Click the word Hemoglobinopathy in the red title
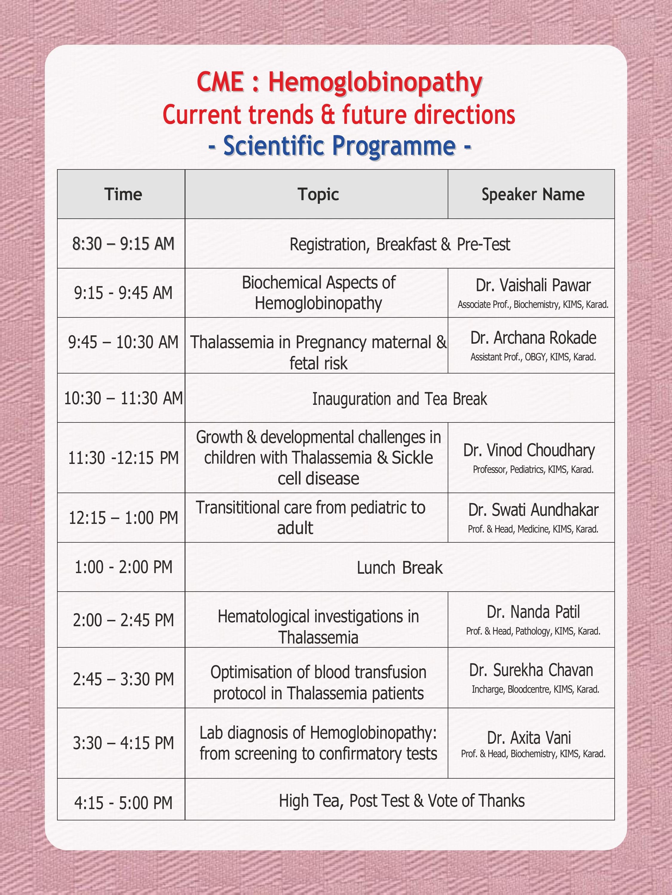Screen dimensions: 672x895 (x=375, y=83)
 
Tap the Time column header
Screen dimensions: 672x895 (x=123, y=194)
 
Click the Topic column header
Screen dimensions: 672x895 (x=318, y=194)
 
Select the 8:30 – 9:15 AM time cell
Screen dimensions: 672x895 (x=123, y=243)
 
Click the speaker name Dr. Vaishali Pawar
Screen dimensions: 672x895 (x=533, y=285)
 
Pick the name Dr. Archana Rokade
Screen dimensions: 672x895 (x=533, y=338)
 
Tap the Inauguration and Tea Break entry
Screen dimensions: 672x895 (x=399, y=399)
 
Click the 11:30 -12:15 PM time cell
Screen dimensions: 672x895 (x=123, y=458)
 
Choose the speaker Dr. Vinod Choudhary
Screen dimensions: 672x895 (x=529, y=450)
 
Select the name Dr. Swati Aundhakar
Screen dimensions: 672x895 (x=533, y=510)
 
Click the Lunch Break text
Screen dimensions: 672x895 (x=399, y=568)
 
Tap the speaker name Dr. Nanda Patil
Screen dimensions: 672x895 (x=533, y=612)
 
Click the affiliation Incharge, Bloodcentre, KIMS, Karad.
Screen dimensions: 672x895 (x=535, y=689)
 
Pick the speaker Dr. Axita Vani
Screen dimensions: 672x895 (x=529, y=737)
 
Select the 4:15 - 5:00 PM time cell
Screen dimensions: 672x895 (x=123, y=803)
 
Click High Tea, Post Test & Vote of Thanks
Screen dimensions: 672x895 (x=401, y=801)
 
